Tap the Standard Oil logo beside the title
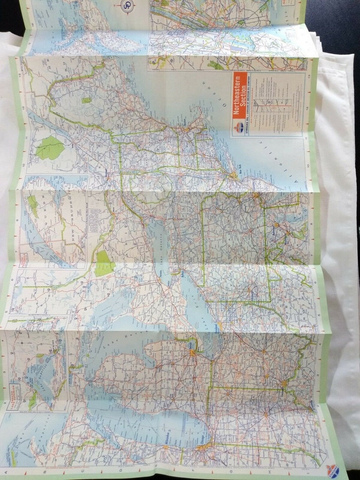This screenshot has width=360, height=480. click(237, 128)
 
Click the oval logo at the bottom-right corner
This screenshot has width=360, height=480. click(332, 471)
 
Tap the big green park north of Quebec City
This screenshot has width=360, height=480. click(50, 147)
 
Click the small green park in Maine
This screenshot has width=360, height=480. click(86, 100)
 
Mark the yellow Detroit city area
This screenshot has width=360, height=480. click(193, 352)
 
